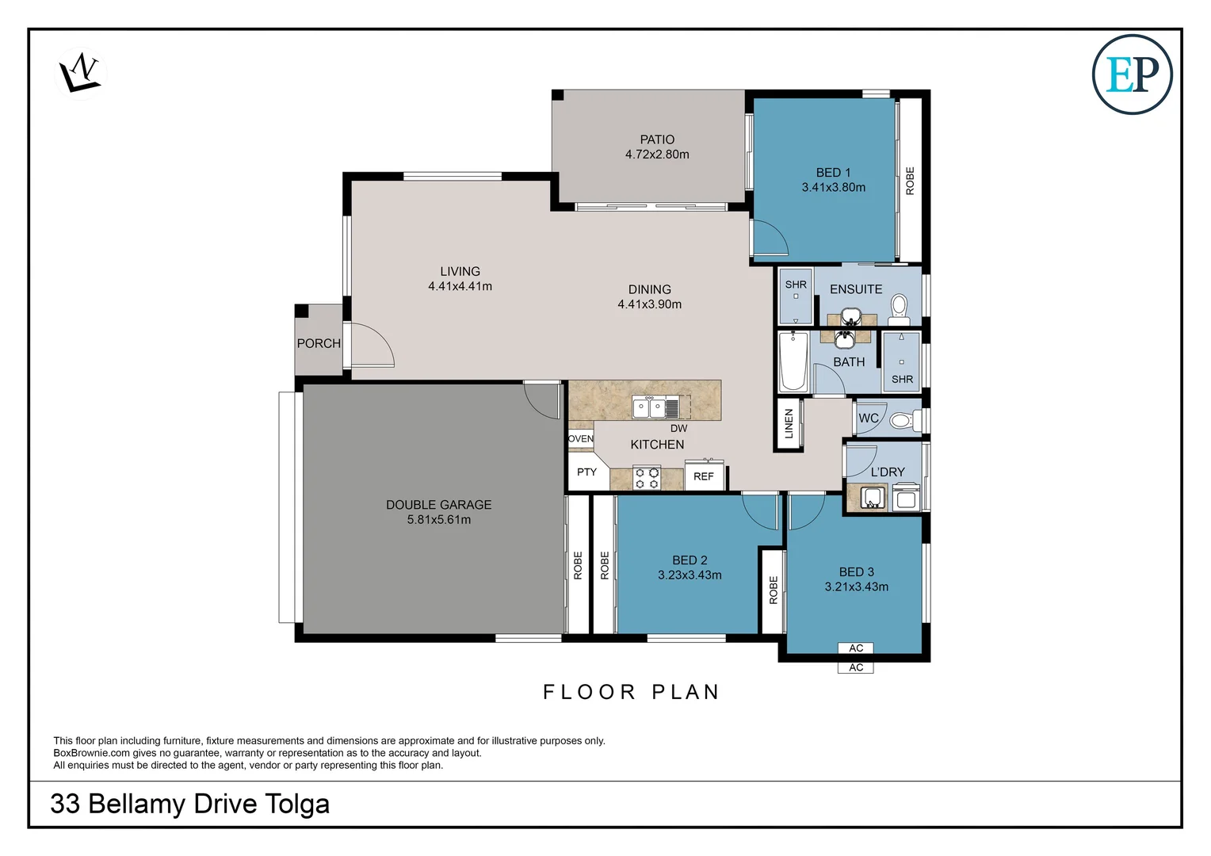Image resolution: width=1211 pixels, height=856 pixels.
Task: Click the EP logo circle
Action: tap(1132, 74)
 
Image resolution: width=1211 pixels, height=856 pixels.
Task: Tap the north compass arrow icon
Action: tap(80, 73)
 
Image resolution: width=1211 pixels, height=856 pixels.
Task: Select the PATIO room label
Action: tap(657, 139)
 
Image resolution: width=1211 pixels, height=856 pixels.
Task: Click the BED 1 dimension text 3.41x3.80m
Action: tap(833, 188)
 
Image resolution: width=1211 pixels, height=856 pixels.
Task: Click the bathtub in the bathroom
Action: tap(793, 361)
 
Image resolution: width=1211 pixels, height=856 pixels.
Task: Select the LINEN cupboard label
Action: tap(789, 423)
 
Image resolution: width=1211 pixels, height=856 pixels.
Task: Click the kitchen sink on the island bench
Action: tap(655, 407)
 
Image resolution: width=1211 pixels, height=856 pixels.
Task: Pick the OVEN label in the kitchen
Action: tap(581, 438)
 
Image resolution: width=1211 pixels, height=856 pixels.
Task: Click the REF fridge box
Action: tap(704, 476)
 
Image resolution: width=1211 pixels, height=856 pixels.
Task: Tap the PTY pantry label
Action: tap(586, 472)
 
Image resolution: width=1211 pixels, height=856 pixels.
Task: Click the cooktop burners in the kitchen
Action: tap(647, 478)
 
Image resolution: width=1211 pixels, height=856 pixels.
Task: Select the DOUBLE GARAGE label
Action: tap(438, 505)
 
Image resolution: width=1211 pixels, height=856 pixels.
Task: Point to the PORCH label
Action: tap(319, 343)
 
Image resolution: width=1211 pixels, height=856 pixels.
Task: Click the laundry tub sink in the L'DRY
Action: tap(872, 498)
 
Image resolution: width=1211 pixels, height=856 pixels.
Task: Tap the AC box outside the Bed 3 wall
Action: tap(856, 667)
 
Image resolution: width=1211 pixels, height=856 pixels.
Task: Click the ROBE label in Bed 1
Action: tap(910, 181)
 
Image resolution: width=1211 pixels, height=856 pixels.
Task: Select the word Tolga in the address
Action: tap(296, 804)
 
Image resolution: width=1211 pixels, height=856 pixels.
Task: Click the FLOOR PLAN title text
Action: tap(631, 692)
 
